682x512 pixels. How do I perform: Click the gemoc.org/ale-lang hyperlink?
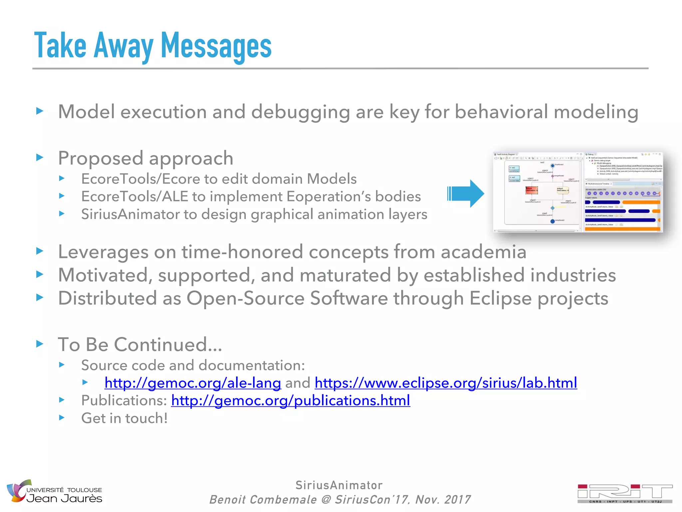192,383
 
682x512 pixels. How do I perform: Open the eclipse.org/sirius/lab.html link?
446,383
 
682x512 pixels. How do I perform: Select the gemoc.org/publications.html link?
290,400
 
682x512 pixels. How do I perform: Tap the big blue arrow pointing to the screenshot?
466,193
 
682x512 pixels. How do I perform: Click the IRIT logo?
625,493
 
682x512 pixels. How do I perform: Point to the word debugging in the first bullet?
300,112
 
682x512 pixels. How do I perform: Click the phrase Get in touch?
124,418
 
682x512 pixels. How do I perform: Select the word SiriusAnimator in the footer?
339,485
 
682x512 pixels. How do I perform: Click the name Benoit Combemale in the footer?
263,499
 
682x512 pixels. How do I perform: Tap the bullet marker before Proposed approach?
40,157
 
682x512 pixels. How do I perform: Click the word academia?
484,252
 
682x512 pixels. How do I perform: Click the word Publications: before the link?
124,400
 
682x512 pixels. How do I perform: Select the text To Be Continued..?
140,344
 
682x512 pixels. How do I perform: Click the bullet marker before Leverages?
40,251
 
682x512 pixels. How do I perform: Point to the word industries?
573,275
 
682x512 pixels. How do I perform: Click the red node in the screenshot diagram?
531,190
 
